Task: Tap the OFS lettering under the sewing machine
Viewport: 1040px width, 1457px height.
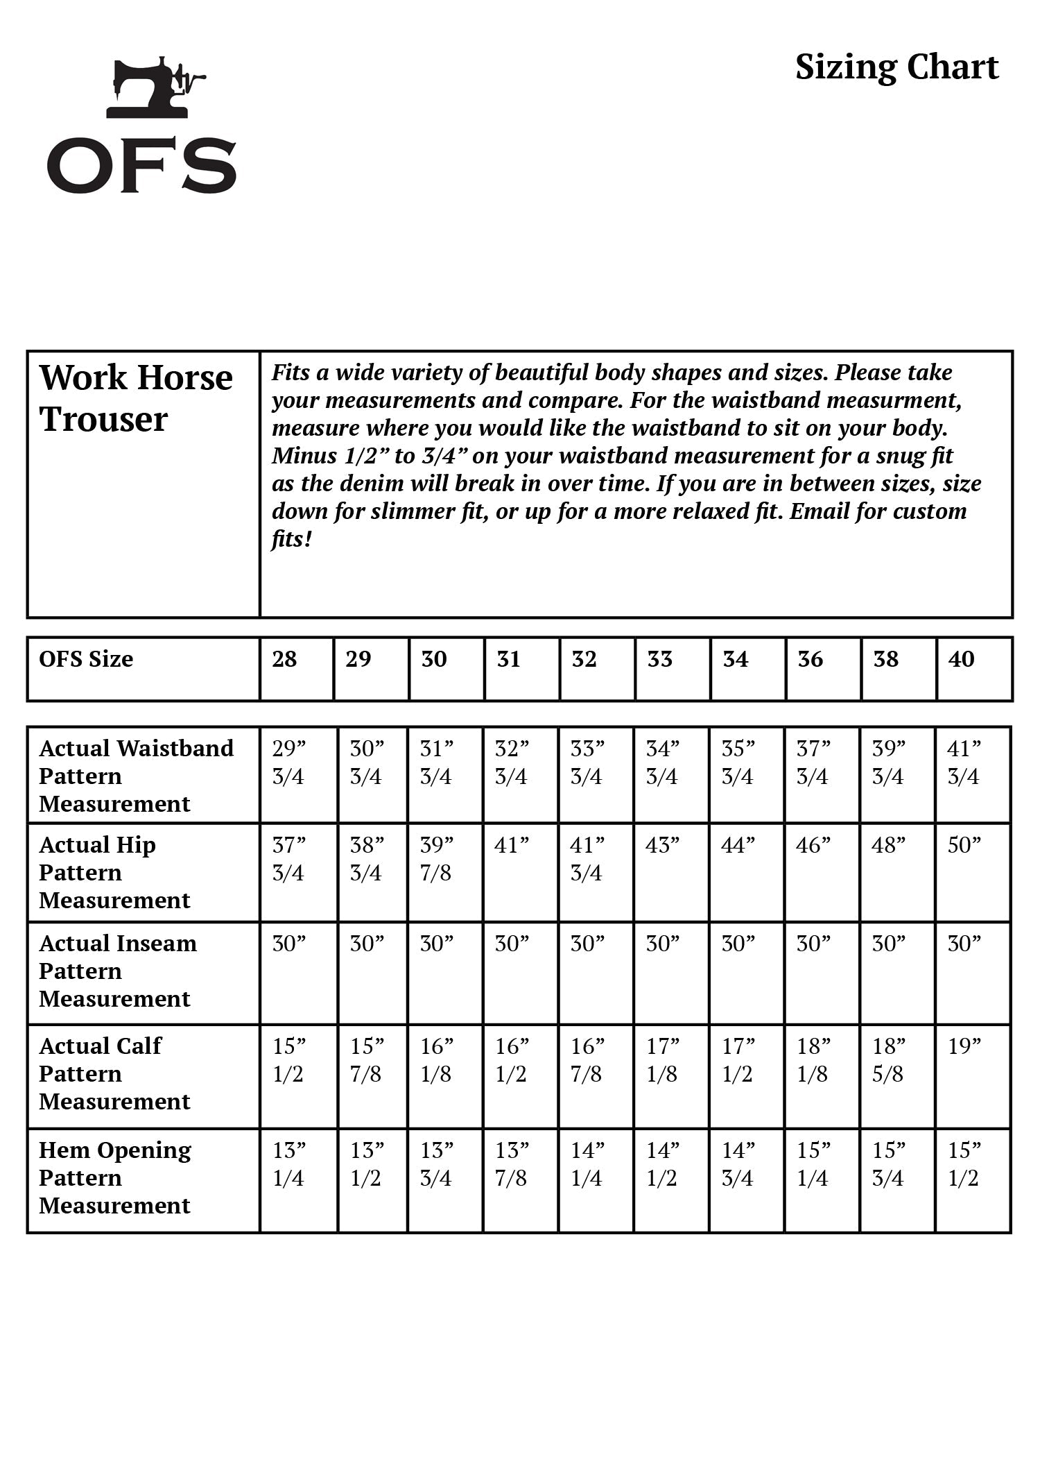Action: [142, 166]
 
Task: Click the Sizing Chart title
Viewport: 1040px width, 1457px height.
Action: [896, 68]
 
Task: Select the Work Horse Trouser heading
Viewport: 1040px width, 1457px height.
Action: [136, 398]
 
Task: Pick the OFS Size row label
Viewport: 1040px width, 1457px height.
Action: [86, 659]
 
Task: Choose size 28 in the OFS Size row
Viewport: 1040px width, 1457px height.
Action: [284, 659]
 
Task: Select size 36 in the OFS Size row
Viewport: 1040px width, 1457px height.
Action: [810, 659]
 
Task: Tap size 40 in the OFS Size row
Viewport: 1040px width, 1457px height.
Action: [961, 659]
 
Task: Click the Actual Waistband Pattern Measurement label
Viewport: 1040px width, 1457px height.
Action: [136, 776]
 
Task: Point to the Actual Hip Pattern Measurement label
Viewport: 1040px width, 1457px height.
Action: [114, 872]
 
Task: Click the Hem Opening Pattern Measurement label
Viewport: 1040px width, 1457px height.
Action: [115, 1177]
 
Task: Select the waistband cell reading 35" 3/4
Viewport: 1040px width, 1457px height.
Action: [738, 762]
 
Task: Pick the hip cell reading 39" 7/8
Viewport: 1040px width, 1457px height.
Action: [437, 859]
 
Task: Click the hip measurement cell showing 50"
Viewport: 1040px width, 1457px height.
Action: [964, 846]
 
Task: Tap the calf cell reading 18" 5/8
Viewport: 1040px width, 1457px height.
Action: [889, 1060]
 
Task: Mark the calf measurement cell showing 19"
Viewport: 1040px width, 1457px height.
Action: [964, 1047]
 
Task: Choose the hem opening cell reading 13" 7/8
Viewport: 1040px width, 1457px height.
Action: [512, 1164]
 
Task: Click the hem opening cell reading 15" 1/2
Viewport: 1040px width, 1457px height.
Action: [964, 1164]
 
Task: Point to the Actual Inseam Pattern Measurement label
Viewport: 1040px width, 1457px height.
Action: [118, 971]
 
